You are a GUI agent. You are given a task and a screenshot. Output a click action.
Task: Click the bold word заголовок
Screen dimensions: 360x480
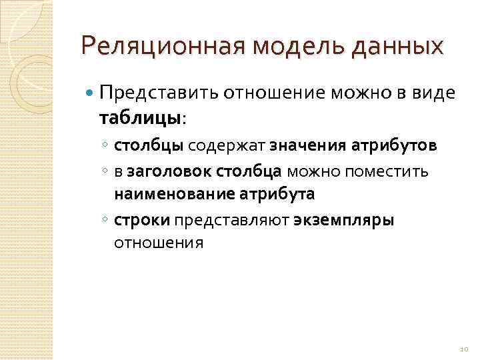click(169, 171)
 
